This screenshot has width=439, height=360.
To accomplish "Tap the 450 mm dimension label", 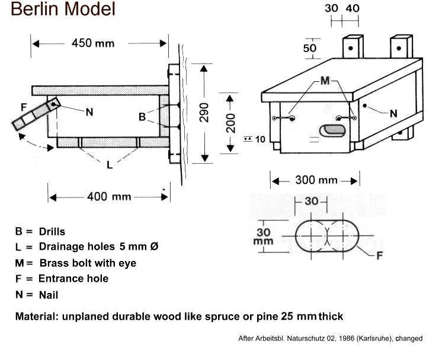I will (x=92, y=43).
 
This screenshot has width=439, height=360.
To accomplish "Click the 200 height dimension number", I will (x=231, y=123).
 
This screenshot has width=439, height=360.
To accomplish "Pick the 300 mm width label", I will (x=316, y=180).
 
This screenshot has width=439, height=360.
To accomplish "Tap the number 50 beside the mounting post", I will (x=310, y=48).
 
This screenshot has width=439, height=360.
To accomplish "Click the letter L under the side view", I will (x=110, y=165).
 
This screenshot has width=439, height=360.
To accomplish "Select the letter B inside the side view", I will (x=142, y=117).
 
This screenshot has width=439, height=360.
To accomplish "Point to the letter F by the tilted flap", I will (x=24, y=107).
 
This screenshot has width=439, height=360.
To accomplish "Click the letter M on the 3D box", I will (x=324, y=81).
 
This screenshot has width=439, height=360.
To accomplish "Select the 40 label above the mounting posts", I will (x=352, y=8).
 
